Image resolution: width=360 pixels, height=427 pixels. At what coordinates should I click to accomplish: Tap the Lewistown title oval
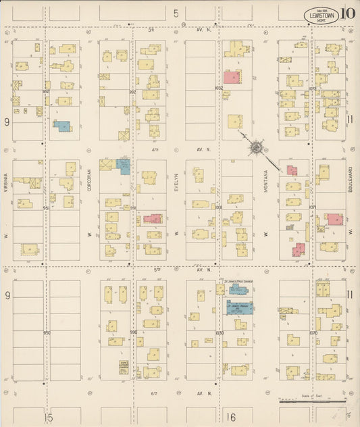click(x=317, y=14)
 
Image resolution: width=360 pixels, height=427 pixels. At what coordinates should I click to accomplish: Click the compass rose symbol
click(x=257, y=146)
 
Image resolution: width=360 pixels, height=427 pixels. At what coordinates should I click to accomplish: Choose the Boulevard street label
click(x=351, y=179)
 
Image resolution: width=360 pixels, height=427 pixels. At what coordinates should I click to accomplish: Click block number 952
click(x=47, y=91)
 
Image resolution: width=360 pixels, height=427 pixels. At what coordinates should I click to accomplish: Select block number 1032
click(x=218, y=89)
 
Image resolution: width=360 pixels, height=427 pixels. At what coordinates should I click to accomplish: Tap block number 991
click(x=133, y=207)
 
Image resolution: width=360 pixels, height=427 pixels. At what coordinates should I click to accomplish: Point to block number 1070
click(x=313, y=332)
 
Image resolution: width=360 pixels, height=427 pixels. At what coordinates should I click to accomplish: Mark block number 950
click(x=47, y=332)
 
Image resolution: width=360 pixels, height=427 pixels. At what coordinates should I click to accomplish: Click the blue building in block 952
click(x=61, y=125)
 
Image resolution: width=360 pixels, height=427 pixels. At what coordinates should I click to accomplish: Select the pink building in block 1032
click(x=232, y=77)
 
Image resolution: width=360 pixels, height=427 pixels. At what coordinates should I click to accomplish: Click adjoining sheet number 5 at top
click(x=176, y=13)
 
